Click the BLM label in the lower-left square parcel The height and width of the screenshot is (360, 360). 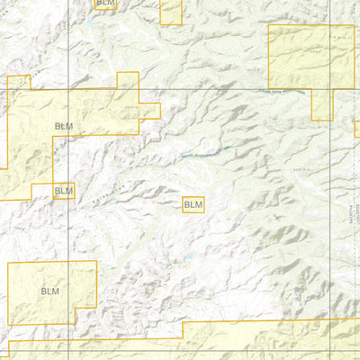pos(49,292)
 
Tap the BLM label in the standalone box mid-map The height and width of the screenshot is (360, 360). pos(193,205)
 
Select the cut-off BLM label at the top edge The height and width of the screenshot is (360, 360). pos(105,4)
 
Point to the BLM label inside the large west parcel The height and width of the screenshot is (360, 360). pos(63,126)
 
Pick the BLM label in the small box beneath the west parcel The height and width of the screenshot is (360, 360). pos(63,191)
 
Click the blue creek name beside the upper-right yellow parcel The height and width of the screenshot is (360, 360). pos(282,92)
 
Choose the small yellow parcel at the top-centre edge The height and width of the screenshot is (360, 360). pos(171,11)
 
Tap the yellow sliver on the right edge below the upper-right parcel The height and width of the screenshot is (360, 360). pos(356,128)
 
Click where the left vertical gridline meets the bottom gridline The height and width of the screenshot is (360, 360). pos(68,351)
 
